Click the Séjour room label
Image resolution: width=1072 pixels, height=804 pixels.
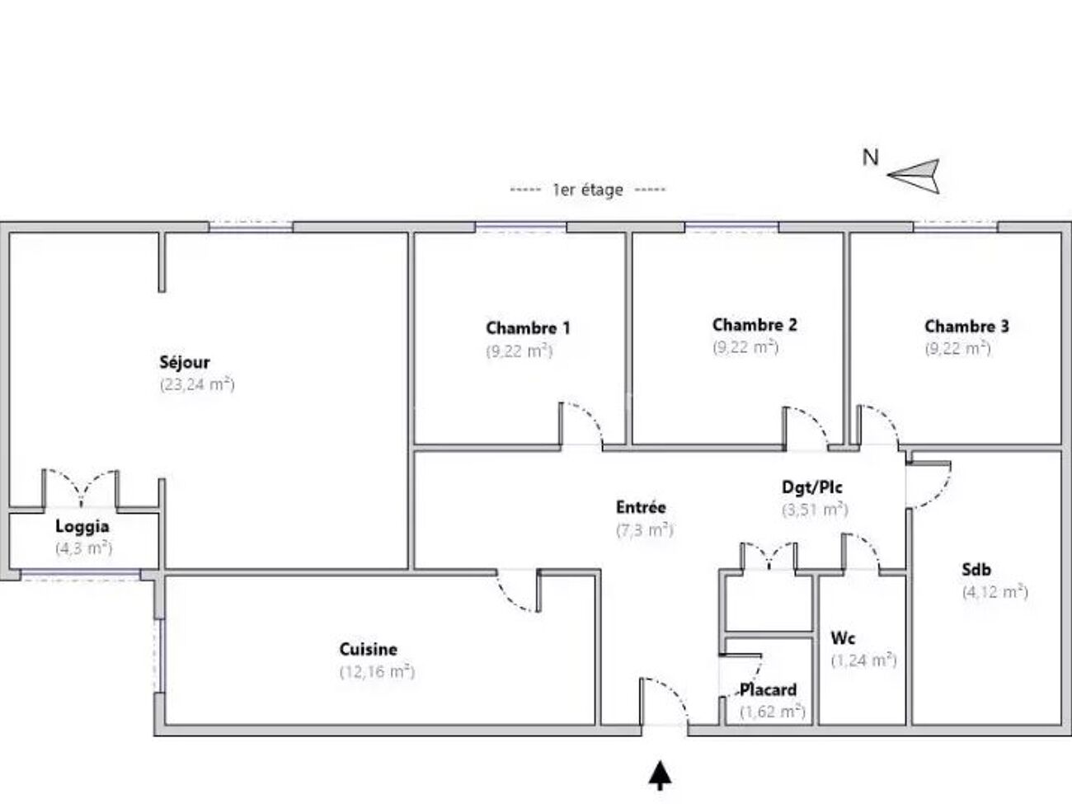point(185,363)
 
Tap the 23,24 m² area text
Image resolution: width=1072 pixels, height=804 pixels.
point(197,384)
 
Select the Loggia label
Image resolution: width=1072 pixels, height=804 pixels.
point(82,527)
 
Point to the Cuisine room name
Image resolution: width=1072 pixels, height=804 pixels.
point(369,649)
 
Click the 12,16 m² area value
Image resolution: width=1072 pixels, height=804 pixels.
point(377,672)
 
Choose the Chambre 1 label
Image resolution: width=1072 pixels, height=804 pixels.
point(528,328)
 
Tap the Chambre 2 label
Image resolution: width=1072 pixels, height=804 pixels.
point(755,325)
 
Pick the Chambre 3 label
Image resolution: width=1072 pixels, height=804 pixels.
point(966,326)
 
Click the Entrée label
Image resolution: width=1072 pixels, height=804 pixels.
point(641,508)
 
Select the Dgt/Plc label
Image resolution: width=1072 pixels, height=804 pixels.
point(812,487)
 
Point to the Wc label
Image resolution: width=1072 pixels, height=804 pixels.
point(843,638)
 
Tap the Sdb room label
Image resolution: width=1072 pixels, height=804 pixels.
point(976,569)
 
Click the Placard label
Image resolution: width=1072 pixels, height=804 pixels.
point(769,689)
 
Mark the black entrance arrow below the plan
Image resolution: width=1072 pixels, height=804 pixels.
point(660,775)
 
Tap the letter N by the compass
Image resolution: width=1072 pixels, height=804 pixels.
point(870,158)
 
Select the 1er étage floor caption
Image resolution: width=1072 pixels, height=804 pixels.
point(587,190)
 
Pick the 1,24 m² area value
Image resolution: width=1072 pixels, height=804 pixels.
point(864,661)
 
